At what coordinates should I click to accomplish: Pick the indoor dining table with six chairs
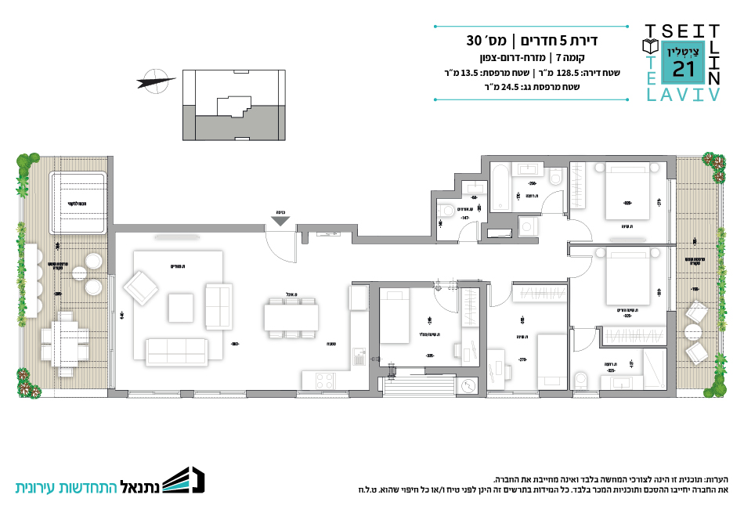tap(291, 317)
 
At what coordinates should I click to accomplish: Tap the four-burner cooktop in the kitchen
tap(323, 381)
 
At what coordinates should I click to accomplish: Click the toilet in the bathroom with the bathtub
tap(557, 178)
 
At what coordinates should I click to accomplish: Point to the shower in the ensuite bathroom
tap(652, 368)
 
